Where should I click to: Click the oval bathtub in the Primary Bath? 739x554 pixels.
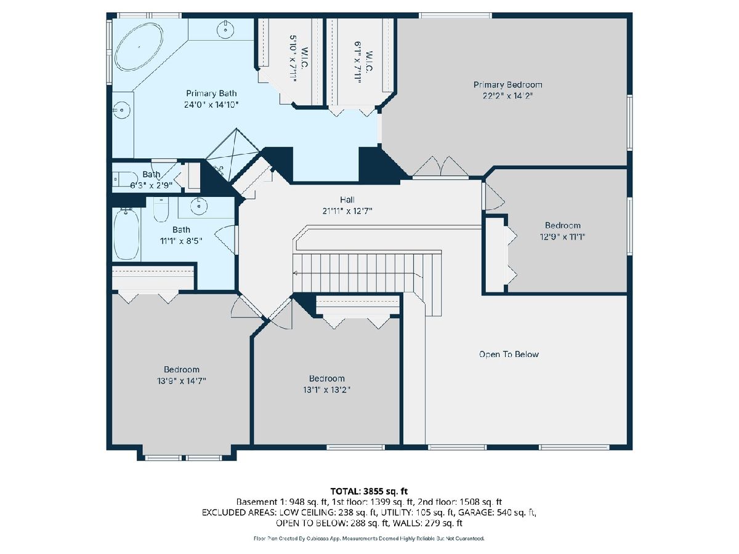coord(139,46)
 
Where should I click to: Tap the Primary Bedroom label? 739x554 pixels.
coord(507,85)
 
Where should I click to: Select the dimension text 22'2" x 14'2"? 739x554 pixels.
coord(507,96)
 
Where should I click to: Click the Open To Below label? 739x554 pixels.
coord(509,354)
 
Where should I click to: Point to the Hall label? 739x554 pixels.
coord(347,200)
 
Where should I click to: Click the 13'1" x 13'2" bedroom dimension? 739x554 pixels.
coord(326,390)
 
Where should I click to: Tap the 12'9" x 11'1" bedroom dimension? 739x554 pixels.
coord(562,237)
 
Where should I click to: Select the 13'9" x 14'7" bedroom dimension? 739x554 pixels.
coord(182,381)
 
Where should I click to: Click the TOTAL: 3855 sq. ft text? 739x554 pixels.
coord(369,491)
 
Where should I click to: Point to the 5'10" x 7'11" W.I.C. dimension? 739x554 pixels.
coord(293,58)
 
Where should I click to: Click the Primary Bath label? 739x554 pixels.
coord(211,93)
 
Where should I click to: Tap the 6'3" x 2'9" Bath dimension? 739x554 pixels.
coord(151,185)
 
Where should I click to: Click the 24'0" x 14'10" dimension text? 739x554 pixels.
coord(211,105)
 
